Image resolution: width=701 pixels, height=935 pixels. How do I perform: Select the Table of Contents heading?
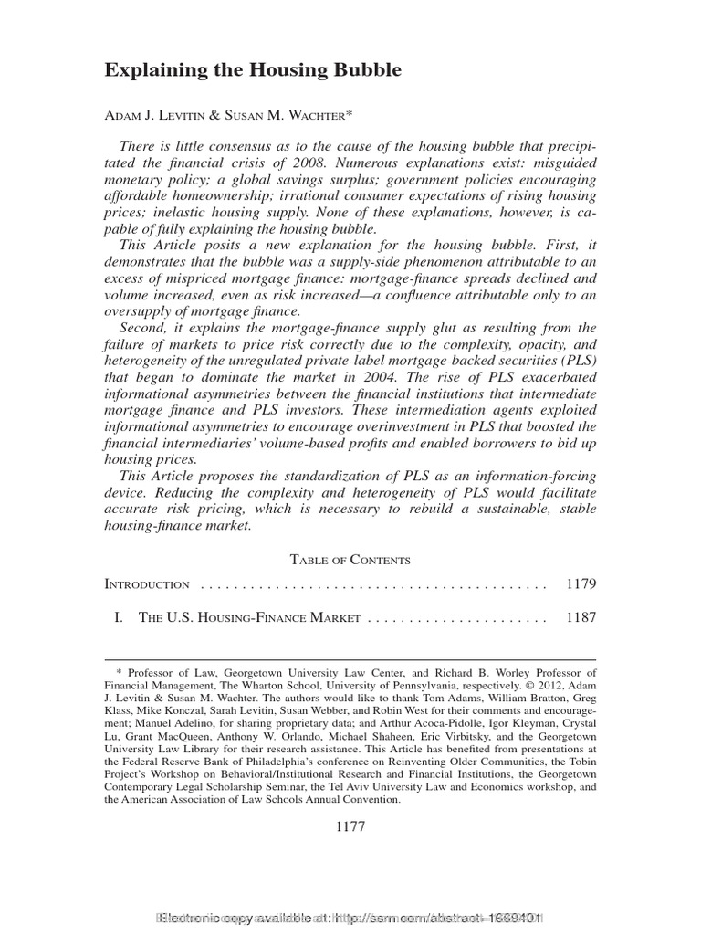(350, 560)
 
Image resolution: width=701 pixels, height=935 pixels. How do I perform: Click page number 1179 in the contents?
(581, 584)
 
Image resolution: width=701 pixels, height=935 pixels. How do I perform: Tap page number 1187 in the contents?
(581, 618)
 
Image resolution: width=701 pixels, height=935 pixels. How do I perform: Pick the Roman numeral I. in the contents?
(118, 618)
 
